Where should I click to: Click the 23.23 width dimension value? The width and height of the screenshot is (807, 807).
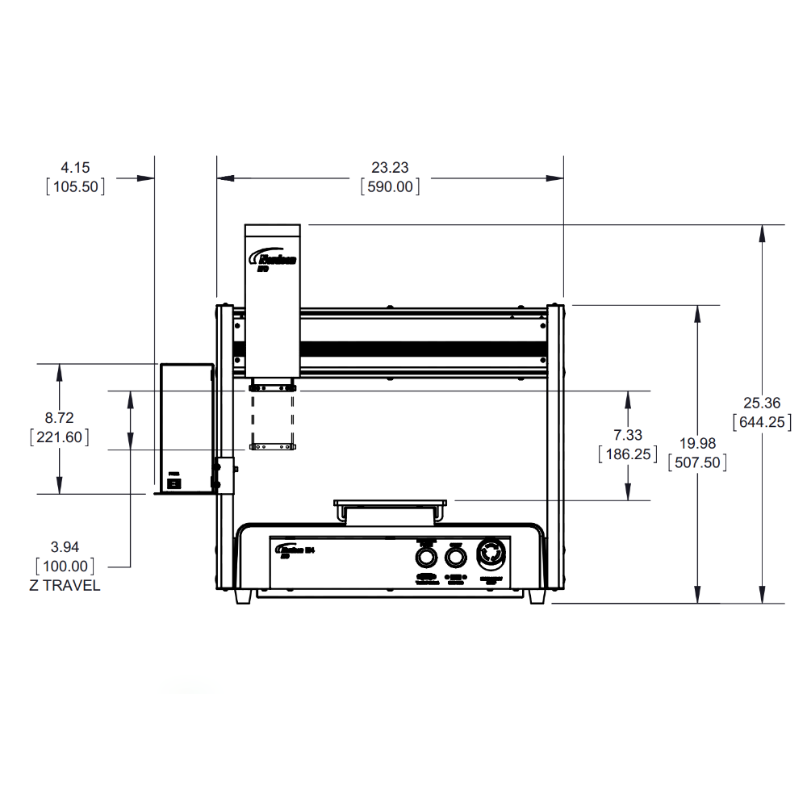pos(390,168)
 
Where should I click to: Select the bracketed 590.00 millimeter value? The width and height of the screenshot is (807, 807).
pos(390,187)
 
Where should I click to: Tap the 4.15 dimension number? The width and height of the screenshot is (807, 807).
pos(75,168)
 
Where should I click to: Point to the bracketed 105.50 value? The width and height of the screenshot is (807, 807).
pos(75,187)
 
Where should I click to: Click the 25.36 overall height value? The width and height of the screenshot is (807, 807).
pos(762,403)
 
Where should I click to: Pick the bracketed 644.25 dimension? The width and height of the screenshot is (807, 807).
pos(762,421)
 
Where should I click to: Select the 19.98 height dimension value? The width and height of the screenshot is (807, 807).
pos(697,444)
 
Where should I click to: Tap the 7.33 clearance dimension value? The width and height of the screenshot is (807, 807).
pos(628,436)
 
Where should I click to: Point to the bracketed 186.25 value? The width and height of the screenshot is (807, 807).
pos(628,454)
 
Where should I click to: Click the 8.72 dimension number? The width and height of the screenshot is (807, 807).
pos(59,418)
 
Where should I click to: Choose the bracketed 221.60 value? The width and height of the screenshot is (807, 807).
pos(59,437)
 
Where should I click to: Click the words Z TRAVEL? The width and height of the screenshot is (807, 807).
pos(65,586)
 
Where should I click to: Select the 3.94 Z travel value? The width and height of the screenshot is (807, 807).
pos(65,547)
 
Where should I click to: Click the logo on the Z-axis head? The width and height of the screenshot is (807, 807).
pos(274,261)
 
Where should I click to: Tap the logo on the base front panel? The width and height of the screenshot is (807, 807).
pos(300,551)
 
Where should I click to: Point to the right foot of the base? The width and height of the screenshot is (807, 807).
pos(537,597)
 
